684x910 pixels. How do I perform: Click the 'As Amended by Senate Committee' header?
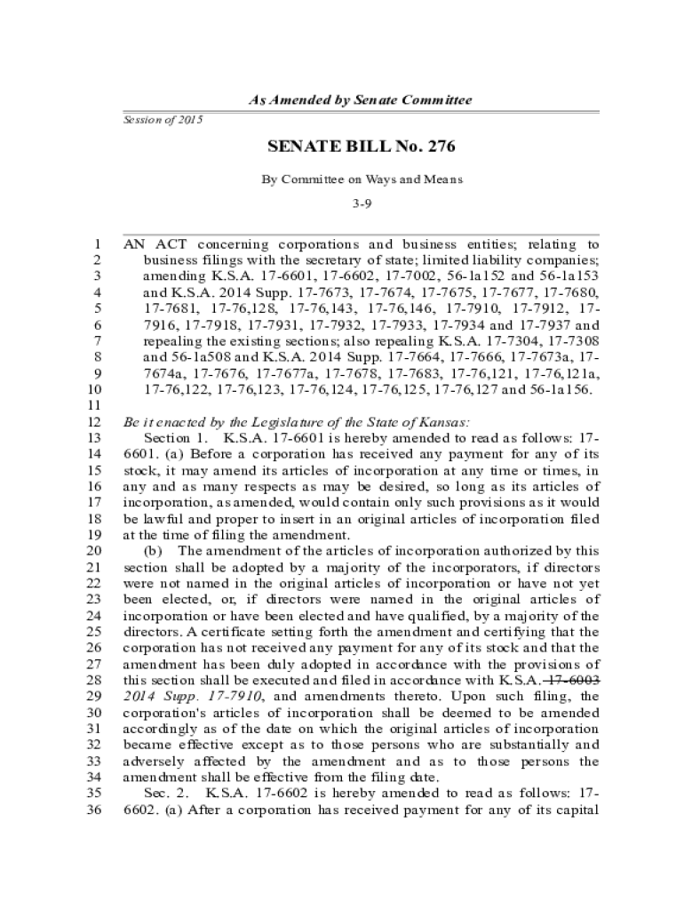(x=360, y=100)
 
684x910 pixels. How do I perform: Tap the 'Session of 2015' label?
(x=163, y=119)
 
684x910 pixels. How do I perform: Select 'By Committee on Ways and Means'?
(x=362, y=180)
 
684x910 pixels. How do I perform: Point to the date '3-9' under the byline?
(x=361, y=204)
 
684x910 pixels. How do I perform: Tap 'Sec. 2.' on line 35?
(x=165, y=794)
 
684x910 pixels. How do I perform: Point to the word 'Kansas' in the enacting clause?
(x=443, y=422)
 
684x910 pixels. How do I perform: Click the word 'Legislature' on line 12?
(x=284, y=422)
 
